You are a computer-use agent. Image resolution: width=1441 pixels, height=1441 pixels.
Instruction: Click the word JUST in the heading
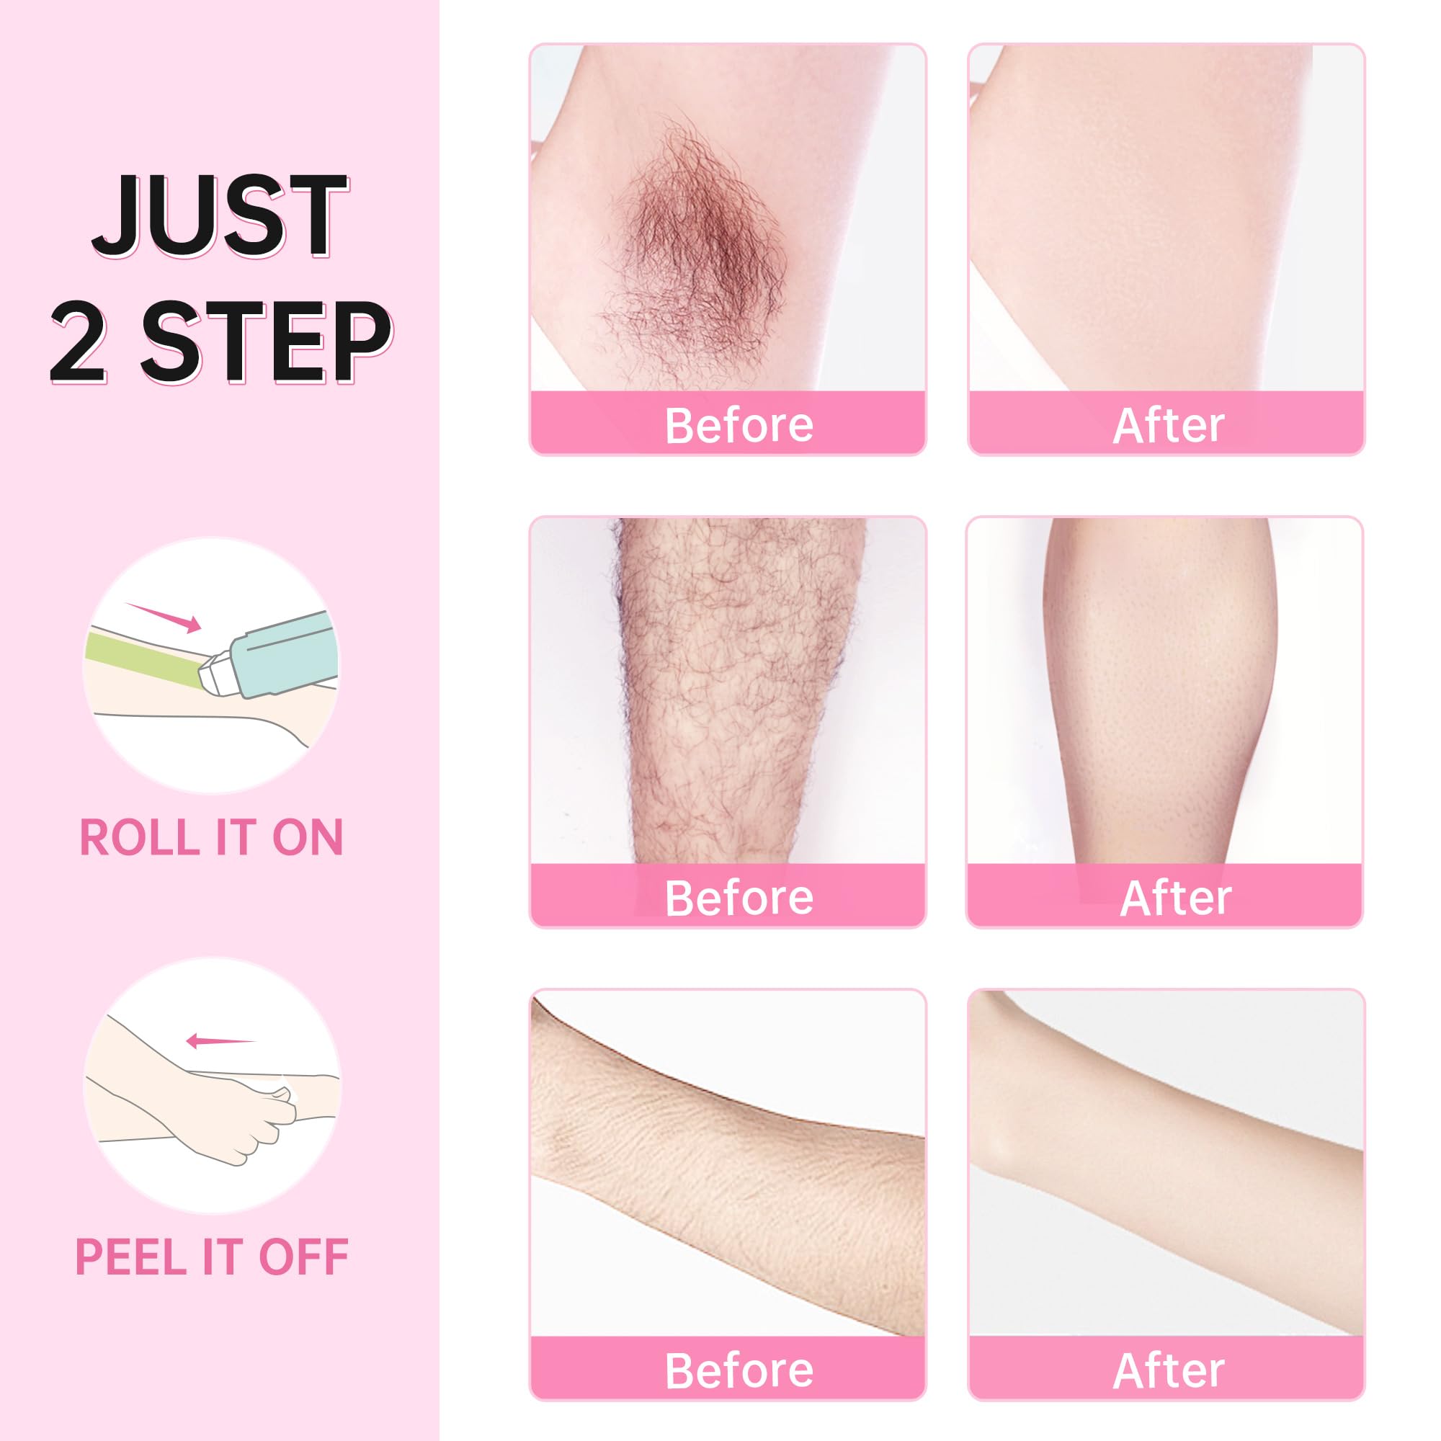pyautogui.click(x=220, y=216)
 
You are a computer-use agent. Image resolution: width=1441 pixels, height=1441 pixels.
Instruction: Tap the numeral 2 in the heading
pyautogui.click(x=79, y=343)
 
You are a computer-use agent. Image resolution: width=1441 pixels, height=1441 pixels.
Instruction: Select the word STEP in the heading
pyautogui.click(x=266, y=343)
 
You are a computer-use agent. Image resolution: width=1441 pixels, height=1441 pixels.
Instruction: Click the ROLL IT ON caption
pyautogui.click(x=211, y=838)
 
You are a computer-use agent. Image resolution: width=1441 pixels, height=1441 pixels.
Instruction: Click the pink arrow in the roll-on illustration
pyautogui.click(x=164, y=617)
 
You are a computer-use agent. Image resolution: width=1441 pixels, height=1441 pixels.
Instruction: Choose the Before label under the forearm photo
pyautogui.click(x=739, y=1370)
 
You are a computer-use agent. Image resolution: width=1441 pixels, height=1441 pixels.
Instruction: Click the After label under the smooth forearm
pyautogui.click(x=1168, y=1370)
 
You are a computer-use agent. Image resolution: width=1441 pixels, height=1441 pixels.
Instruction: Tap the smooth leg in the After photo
pyautogui.click(x=1160, y=690)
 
